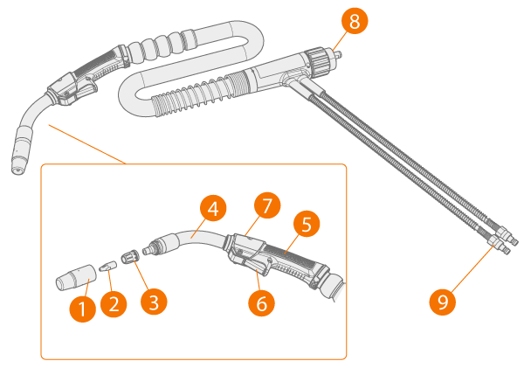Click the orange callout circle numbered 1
click(x=83, y=309)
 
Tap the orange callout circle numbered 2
click(x=114, y=304)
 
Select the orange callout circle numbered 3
click(x=154, y=302)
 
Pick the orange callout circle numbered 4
click(x=213, y=209)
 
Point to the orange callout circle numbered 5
click(x=307, y=224)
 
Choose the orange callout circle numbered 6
click(x=261, y=303)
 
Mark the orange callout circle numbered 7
click(x=267, y=205)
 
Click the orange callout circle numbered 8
click(x=355, y=21)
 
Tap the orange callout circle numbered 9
click(x=443, y=302)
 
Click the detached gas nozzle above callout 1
click(x=76, y=277)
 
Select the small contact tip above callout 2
click(x=108, y=267)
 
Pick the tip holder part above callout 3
click(x=129, y=258)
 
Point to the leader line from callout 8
click(x=338, y=42)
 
